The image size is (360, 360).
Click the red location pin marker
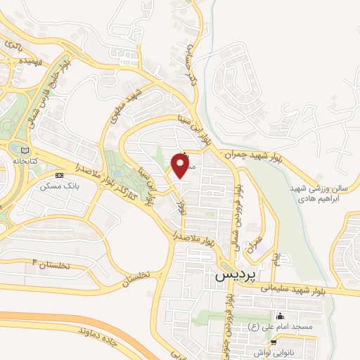(182, 166)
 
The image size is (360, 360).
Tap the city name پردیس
(232, 276)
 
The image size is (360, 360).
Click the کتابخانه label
(25, 161)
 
